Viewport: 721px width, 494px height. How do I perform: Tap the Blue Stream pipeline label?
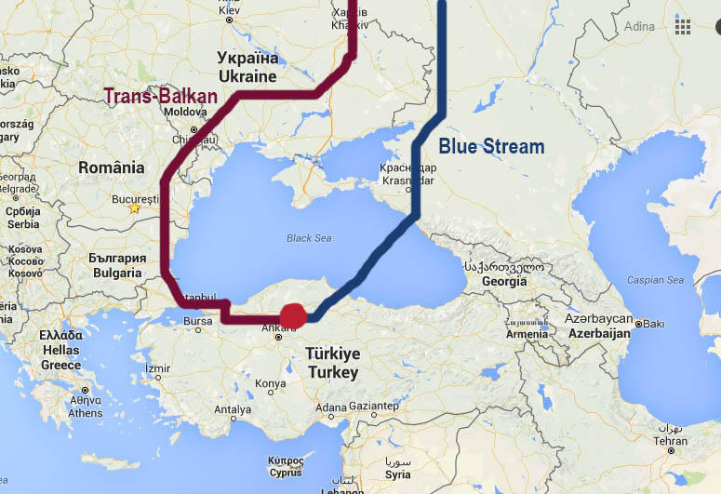(491, 146)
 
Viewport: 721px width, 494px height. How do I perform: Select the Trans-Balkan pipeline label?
(160, 96)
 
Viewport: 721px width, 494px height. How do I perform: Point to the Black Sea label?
(309, 238)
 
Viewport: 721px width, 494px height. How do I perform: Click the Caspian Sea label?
(655, 280)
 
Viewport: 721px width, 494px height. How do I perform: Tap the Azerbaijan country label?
(599, 332)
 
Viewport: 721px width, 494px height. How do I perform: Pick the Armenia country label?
(527, 334)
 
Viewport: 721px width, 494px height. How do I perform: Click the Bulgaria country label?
(118, 273)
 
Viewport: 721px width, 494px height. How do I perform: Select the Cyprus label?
(285, 470)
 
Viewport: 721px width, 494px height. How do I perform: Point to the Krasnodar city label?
(407, 180)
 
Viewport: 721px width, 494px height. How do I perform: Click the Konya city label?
(271, 383)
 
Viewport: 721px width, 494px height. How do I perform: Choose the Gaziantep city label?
(373, 407)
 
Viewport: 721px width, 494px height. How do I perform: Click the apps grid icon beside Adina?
(683, 26)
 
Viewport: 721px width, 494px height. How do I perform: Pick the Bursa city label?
(198, 322)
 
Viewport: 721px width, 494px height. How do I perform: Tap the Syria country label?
(397, 474)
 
